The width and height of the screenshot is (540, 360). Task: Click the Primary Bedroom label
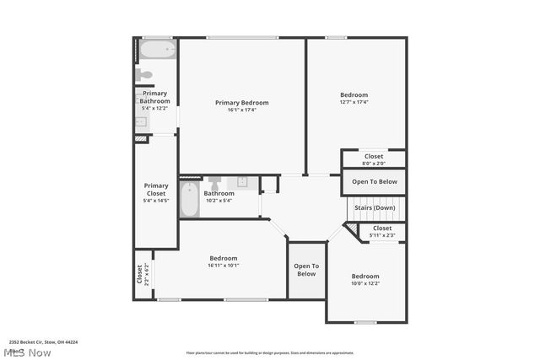click(241, 102)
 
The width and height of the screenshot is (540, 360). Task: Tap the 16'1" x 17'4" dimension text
click(241, 110)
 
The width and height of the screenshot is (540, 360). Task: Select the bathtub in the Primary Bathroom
click(157, 51)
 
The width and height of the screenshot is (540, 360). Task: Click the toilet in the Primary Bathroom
click(145, 76)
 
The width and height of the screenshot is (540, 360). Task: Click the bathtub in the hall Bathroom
click(189, 201)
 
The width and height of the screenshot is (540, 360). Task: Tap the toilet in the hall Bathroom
click(214, 182)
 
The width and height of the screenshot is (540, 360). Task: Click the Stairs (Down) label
click(374, 207)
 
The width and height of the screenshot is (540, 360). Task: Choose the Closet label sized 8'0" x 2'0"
click(374, 156)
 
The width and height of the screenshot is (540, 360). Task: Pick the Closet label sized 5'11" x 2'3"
click(381, 228)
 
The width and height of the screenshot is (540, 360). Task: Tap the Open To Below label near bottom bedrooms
click(305, 270)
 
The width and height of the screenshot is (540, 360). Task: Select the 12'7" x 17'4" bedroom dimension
click(354, 103)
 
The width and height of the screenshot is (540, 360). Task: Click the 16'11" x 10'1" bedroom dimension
click(224, 266)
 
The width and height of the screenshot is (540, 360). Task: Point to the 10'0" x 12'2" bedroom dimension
click(365, 283)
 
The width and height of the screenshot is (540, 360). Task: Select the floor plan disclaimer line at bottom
click(270, 352)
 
